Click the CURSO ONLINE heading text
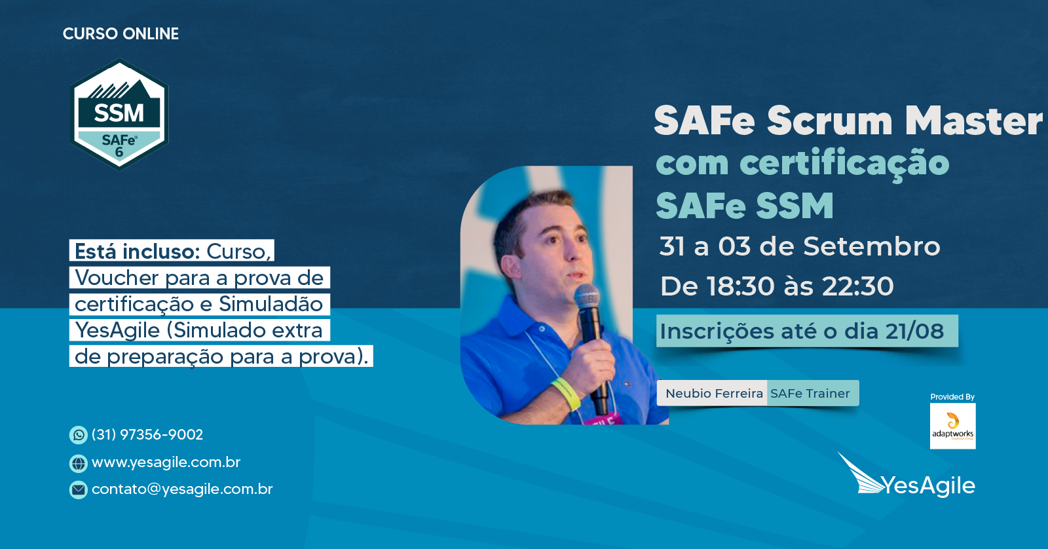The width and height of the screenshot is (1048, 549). [121, 33]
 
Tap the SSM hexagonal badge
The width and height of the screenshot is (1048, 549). [119, 114]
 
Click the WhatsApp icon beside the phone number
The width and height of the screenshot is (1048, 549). [78, 435]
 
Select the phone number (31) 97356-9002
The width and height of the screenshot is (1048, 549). [147, 435]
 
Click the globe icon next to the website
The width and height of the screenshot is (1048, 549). [78, 463]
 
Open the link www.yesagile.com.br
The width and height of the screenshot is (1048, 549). [166, 463]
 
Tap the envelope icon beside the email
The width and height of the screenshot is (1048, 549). [78, 489]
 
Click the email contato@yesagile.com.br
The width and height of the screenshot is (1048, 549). [182, 489]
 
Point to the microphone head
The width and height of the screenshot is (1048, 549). [587, 296]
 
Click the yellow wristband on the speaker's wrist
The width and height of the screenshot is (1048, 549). [566, 392]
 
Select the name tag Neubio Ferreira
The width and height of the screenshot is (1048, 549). [714, 393]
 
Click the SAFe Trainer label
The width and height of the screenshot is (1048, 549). [810, 393]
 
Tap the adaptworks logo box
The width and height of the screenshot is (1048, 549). [952, 426]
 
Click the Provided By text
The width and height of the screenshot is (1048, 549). [952, 397]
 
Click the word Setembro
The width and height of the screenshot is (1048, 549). [872, 246]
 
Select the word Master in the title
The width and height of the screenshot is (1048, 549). [973, 121]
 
